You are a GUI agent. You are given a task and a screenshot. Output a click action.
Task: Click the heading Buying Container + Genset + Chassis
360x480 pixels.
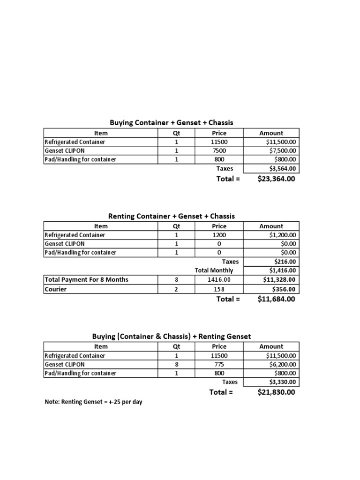click(171, 123)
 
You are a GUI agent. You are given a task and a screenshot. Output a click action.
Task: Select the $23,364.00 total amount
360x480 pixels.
click(276, 179)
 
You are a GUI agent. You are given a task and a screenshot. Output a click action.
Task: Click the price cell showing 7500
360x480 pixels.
click(219, 150)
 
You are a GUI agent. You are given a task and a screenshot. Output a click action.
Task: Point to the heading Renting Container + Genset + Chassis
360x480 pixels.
click(171, 216)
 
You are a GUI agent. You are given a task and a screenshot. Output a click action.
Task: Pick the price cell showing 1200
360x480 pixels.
click(219, 235)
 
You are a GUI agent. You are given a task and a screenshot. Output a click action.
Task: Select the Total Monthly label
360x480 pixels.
click(214, 270)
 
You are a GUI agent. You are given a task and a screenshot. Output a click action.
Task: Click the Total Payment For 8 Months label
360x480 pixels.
click(86, 279)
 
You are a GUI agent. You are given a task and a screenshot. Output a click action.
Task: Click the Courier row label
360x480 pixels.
click(55, 289)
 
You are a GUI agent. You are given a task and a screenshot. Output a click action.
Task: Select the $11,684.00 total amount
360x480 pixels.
click(276, 299)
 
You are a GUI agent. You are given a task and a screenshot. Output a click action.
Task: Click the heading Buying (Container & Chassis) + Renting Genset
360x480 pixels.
click(171, 337)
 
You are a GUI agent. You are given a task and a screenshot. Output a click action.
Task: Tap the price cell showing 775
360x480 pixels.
click(219, 364)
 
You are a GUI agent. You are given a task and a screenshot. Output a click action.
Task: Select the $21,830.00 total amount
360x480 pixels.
click(276, 392)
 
